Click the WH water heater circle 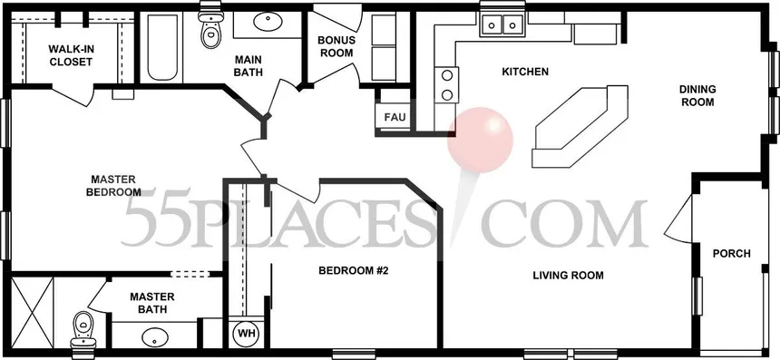(x=246, y=333)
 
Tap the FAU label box (x=395, y=118)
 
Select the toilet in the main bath (x=211, y=27)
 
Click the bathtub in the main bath (x=162, y=47)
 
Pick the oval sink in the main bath (x=268, y=22)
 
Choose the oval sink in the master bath (x=155, y=337)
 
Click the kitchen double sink (x=502, y=24)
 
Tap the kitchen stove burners (x=447, y=85)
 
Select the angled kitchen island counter (x=580, y=126)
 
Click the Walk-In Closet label (x=71, y=55)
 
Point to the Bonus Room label (x=336, y=46)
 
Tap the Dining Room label (x=698, y=95)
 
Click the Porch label (x=731, y=254)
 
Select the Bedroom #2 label (x=353, y=271)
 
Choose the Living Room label (x=568, y=275)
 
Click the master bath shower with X (x=32, y=312)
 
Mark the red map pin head (x=480, y=141)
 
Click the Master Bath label (x=152, y=303)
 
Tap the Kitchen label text (x=525, y=72)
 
